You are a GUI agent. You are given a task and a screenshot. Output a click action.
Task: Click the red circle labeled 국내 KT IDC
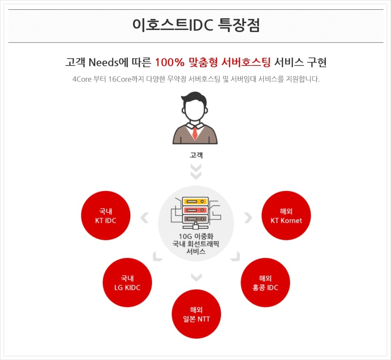(106, 216)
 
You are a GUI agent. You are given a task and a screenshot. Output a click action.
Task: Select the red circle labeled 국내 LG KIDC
(127, 283)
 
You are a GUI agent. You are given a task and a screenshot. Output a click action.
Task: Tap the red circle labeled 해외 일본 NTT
(196, 314)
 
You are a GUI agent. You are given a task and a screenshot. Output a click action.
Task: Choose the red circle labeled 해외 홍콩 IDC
(265, 283)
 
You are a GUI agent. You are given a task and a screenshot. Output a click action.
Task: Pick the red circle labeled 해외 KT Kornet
(286, 216)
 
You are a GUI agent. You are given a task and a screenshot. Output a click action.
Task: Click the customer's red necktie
(195, 132)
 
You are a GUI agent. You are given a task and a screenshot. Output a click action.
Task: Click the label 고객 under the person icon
(196, 155)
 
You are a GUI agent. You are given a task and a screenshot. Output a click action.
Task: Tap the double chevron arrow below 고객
(196, 172)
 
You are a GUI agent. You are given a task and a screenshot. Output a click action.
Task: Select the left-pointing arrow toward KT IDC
(144, 218)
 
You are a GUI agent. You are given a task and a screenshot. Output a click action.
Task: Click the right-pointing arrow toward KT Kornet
(248, 218)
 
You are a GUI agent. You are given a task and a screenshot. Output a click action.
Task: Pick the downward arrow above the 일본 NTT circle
(196, 277)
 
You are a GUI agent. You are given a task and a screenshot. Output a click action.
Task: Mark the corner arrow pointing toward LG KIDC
(157, 256)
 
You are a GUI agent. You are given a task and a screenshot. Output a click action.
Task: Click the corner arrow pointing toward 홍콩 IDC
(235, 256)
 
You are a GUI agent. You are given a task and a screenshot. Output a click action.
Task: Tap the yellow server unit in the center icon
(195, 201)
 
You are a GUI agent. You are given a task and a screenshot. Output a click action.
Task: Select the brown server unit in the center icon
(195, 219)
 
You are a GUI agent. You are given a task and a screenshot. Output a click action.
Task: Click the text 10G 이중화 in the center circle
(196, 236)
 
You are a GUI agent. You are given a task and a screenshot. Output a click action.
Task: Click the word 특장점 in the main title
(239, 25)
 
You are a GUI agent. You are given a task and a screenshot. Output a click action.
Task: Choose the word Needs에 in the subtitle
(120, 62)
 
